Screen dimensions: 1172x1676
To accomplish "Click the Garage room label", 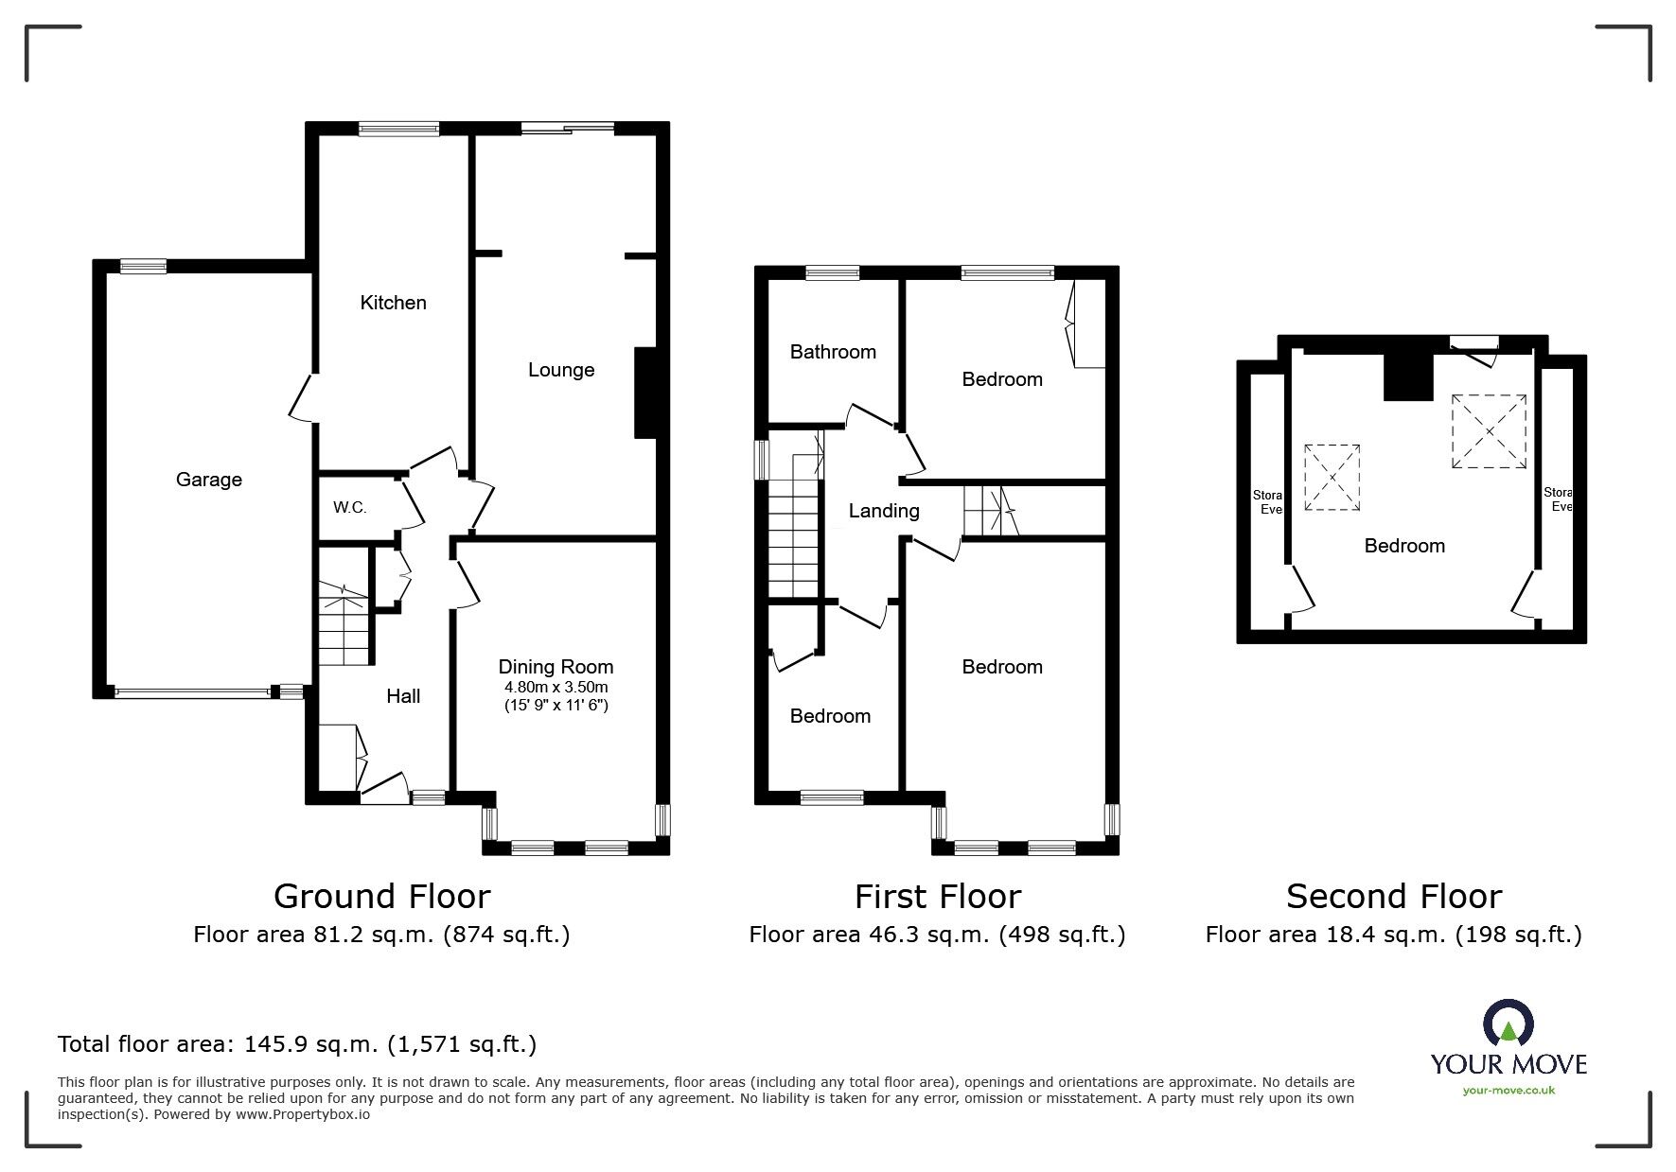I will pos(208,480).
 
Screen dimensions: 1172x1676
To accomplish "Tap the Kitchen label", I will pos(393,303).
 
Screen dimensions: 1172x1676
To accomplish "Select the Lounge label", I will pos(561,370).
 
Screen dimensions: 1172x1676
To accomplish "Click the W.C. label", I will pos(349,508).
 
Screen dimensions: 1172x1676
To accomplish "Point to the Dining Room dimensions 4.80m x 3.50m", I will pos(556,688).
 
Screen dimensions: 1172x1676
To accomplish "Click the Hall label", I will pos(403,696).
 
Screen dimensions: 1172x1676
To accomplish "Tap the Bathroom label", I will pos(833,352).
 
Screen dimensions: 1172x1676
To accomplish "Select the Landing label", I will pos(883,511).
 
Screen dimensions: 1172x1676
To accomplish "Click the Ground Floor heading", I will pos(381,896).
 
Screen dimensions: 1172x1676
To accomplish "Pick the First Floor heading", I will pos(937,896).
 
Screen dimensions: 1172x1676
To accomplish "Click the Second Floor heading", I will pos(1393,896).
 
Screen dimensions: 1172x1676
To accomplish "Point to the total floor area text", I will pos(297,1044).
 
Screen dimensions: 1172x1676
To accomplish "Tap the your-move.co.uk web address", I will pos(1508,1091).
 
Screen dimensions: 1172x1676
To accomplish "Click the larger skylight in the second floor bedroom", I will pos(1489,431).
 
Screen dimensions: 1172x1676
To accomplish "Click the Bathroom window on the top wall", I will pos(833,273).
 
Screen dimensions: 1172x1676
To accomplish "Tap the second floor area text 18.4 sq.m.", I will pos(1393,936).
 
